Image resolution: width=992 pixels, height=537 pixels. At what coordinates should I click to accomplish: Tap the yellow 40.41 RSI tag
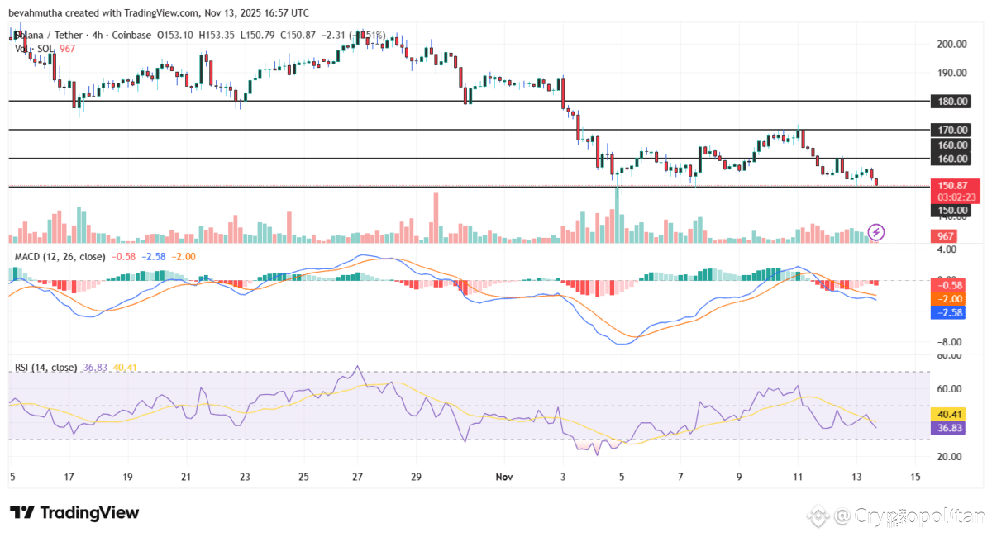(x=944, y=414)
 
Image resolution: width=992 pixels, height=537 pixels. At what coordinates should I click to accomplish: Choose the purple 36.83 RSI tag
(x=944, y=428)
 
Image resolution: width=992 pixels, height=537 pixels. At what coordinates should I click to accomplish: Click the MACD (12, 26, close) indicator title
(x=60, y=257)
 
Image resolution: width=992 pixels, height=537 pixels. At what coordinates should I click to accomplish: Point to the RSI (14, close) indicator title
(x=45, y=368)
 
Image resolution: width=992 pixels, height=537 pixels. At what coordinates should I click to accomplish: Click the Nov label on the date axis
(x=504, y=477)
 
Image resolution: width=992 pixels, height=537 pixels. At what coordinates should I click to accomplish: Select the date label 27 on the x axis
(x=357, y=477)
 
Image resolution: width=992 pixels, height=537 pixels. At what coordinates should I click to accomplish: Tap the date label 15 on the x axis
(x=915, y=477)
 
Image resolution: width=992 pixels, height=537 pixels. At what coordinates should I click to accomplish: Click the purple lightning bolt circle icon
(x=876, y=232)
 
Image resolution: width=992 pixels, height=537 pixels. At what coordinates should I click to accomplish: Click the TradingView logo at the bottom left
(x=74, y=513)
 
